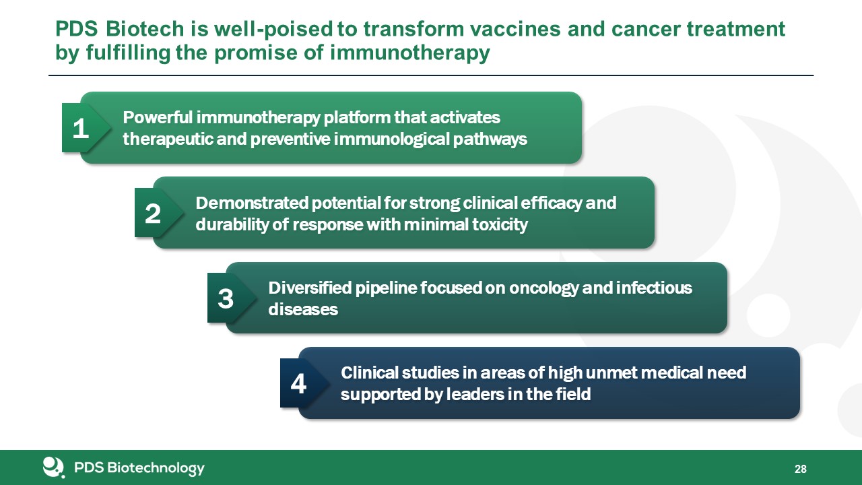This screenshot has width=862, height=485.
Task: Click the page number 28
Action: (801, 469)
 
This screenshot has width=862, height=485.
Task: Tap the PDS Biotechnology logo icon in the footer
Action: (53, 467)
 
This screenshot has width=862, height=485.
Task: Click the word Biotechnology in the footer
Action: (156, 468)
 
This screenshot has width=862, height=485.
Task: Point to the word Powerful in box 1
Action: (158, 117)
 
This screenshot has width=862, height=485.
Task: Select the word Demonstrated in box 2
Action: (252, 203)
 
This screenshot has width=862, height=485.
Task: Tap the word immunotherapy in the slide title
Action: (410, 53)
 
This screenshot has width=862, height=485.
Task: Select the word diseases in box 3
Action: (303, 309)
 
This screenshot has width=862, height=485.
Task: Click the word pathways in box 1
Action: (490, 139)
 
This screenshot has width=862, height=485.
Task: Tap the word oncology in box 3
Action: (543, 288)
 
